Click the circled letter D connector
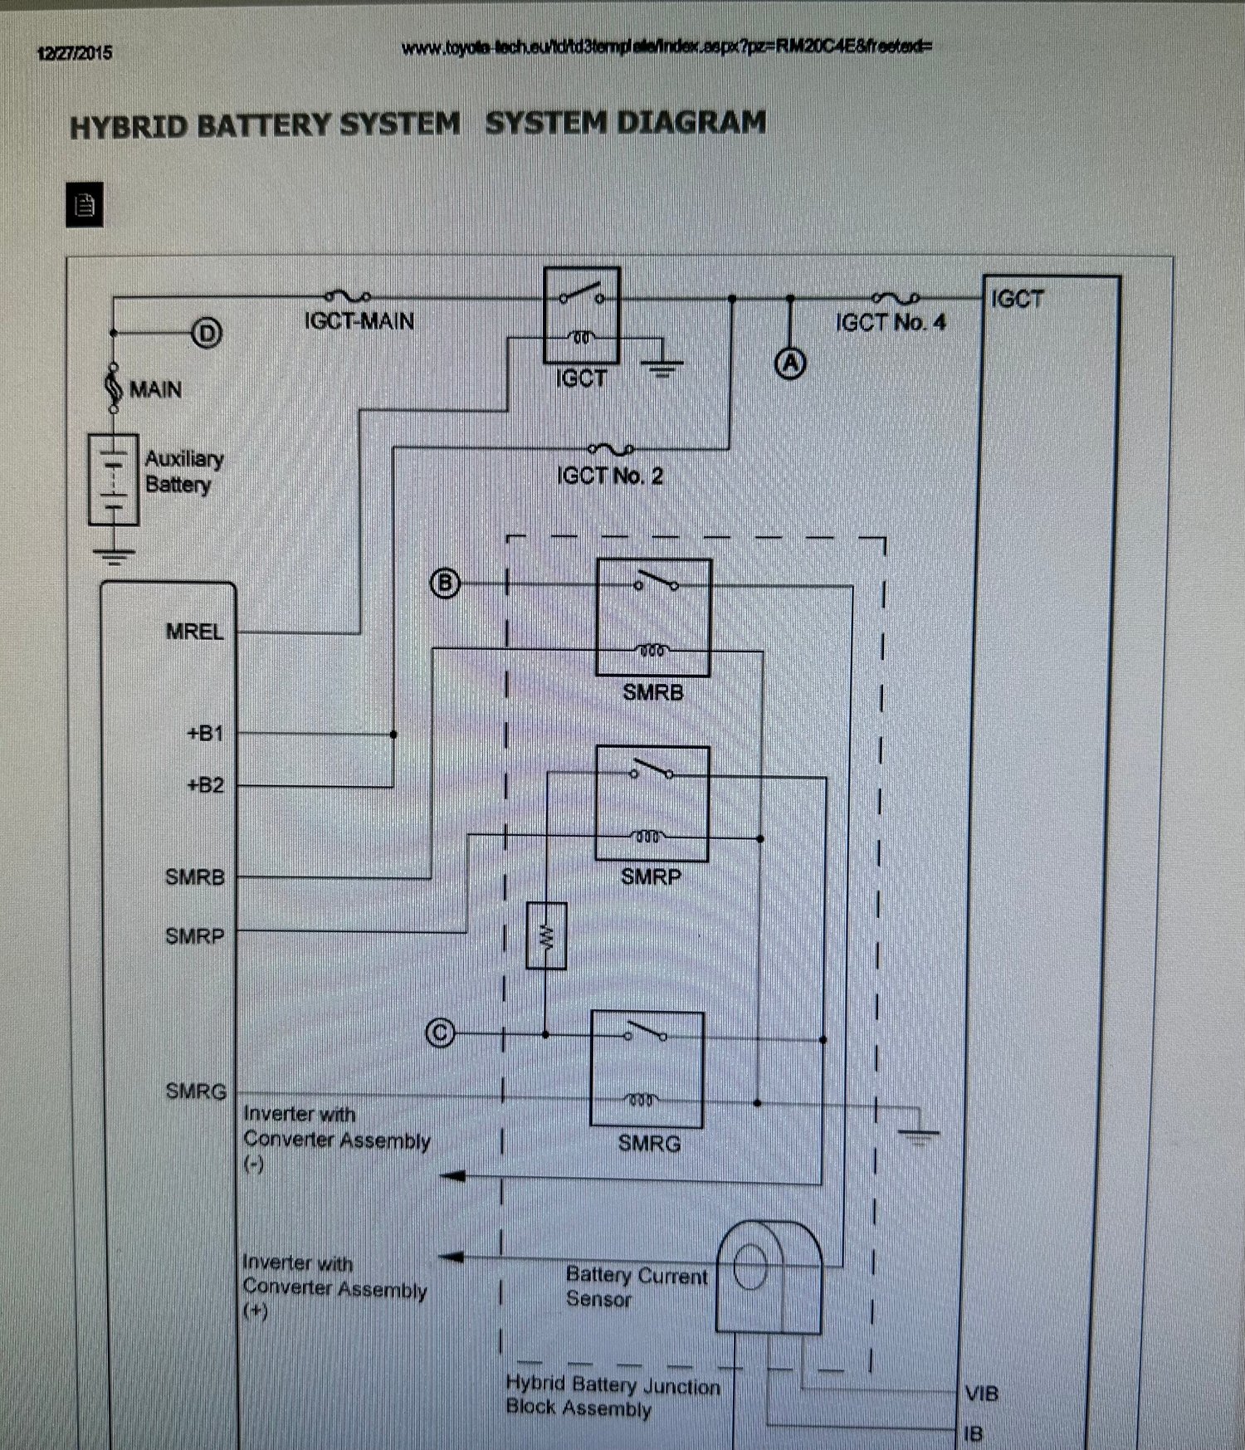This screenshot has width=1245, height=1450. tap(207, 333)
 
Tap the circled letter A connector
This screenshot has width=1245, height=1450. tap(791, 363)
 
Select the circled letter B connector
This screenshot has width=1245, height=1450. tap(445, 583)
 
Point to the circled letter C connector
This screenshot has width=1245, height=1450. tap(440, 1033)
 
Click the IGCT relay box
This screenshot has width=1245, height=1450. tap(582, 315)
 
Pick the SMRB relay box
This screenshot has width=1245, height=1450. tap(653, 617)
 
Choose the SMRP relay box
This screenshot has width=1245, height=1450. tap(652, 803)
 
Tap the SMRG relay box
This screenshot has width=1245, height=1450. tap(647, 1069)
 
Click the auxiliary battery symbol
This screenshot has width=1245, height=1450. tap(114, 480)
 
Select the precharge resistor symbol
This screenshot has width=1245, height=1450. tap(546, 935)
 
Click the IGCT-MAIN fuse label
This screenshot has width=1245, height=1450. tap(359, 321)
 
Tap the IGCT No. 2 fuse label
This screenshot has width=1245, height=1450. tap(610, 476)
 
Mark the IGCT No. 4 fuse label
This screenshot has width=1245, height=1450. tap(891, 322)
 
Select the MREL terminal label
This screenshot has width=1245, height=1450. tap(195, 632)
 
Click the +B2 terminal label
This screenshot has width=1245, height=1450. tap(206, 784)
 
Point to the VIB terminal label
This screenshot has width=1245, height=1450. tap(981, 1394)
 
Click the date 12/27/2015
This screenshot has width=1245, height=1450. tap(75, 53)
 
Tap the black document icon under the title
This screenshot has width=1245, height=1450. tap(85, 204)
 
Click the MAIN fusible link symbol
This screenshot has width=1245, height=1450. tap(115, 388)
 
